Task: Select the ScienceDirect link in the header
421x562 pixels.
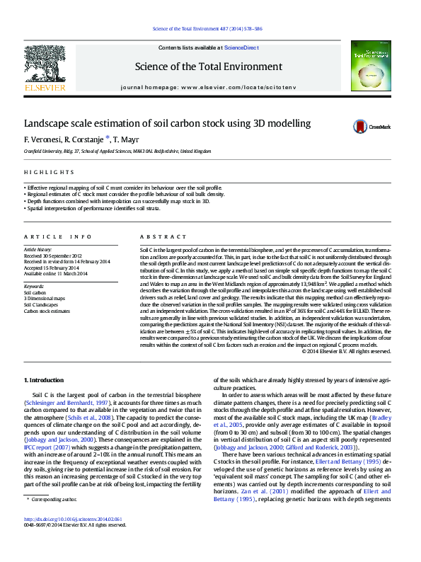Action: tap(241, 47)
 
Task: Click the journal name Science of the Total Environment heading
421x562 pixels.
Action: tap(209, 67)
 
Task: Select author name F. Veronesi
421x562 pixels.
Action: tap(42, 139)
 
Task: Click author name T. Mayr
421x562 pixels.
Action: tap(125, 139)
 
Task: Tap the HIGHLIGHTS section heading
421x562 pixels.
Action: tap(44, 173)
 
